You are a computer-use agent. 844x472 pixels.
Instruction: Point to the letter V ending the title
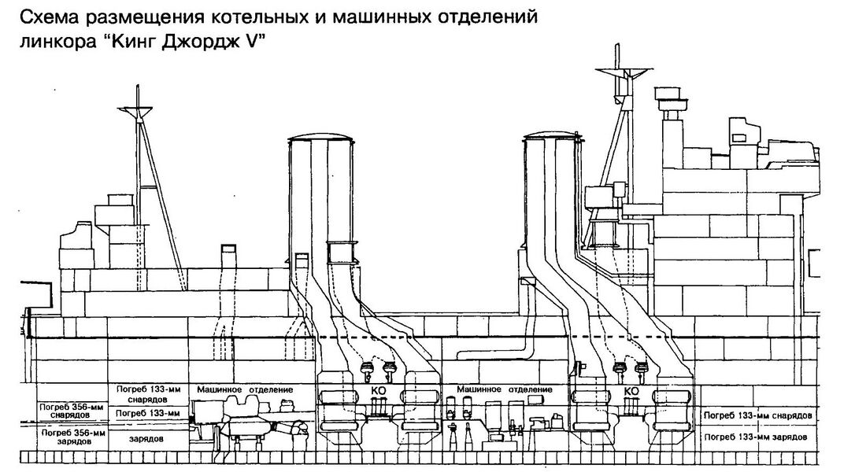[246, 42]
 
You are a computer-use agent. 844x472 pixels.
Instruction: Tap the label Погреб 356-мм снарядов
[66, 411]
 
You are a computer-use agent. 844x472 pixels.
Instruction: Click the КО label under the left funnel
[379, 391]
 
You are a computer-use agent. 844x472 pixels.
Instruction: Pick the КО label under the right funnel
[631, 391]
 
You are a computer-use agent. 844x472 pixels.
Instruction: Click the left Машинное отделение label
[245, 389]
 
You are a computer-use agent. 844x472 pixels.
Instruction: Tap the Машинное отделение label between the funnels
[505, 389]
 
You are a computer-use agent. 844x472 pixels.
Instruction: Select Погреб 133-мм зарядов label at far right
[756, 437]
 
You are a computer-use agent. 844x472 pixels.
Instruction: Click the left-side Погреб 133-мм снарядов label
[149, 394]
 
